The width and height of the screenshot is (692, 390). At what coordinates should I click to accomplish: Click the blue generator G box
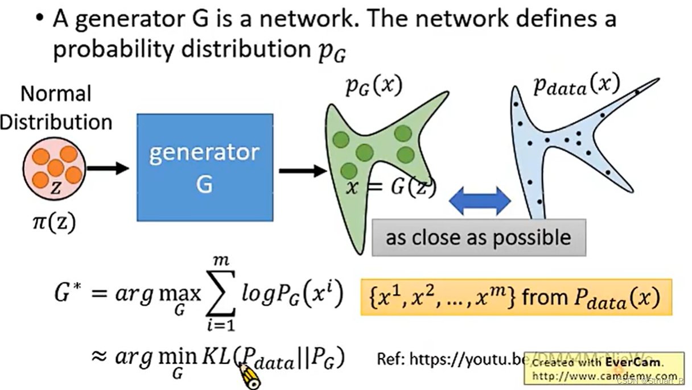tap(204, 167)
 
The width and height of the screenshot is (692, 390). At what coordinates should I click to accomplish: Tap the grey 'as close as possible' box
tap(479, 237)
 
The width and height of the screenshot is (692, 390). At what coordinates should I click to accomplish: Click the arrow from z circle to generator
tap(108, 168)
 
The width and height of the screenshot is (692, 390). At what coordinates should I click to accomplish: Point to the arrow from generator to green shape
tap(302, 170)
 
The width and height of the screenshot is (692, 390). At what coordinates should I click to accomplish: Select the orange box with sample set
tap(516, 297)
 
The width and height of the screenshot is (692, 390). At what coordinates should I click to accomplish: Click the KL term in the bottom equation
tap(217, 358)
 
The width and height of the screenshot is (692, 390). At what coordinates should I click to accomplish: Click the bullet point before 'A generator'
tap(39, 19)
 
